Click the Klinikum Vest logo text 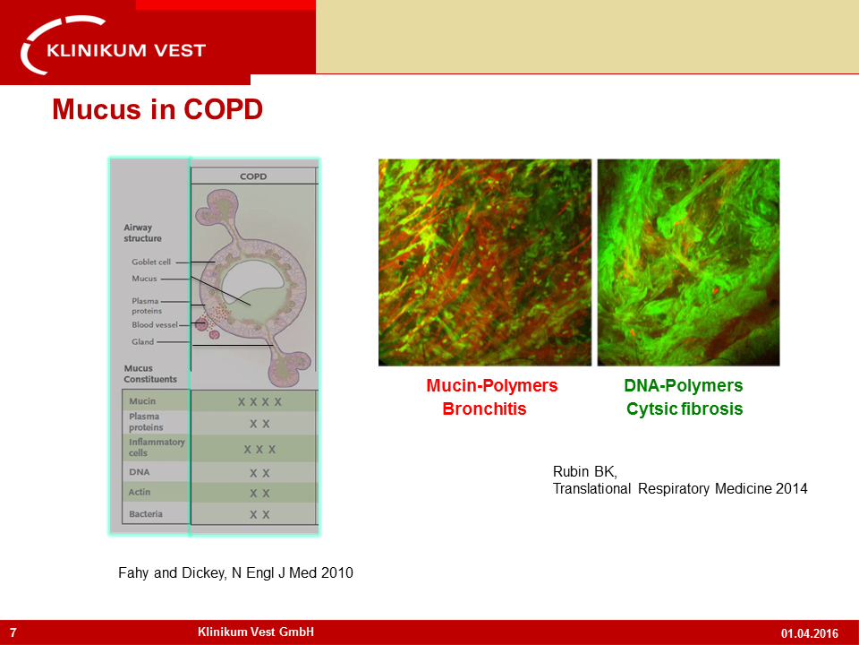(126, 50)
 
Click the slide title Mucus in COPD (157, 109)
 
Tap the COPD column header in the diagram (253, 176)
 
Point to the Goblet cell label (151, 262)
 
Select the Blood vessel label (155, 324)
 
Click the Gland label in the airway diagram (142, 341)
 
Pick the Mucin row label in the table (142, 401)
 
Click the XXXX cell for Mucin (259, 402)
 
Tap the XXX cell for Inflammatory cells (259, 450)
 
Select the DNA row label (140, 472)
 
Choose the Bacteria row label (146, 514)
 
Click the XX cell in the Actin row (259, 494)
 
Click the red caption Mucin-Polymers (492, 385)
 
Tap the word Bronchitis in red (484, 409)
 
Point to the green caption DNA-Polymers (684, 385)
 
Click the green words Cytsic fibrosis (685, 409)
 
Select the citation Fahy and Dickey (235, 573)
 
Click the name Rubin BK (585, 472)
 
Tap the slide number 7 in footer (13, 633)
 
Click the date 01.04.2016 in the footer (810, 633)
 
